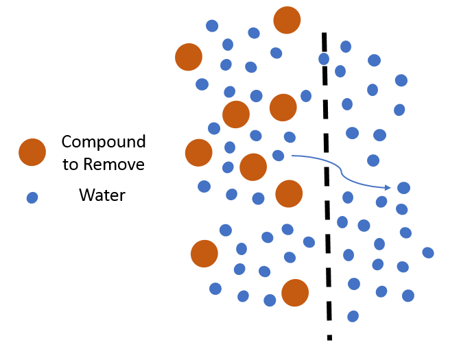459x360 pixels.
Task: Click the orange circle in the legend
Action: click(32, 152)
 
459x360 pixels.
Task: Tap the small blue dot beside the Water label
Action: click(32, 197)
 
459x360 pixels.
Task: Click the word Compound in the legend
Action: click(103, 142)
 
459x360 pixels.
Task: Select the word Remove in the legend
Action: click(113, 164)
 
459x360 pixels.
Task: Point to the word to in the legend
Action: click(71, 165)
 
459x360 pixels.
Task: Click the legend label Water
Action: click(102, 195)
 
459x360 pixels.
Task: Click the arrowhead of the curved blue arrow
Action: click(388, 187)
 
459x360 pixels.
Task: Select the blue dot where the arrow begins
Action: click(279, 156)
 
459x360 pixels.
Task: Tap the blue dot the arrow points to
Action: click(404, 188)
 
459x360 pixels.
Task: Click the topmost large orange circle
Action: click(287, 20)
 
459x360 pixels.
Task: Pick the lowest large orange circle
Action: click(295, 293)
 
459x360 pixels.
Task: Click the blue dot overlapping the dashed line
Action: click(324, 59)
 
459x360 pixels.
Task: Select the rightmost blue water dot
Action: click(428, 252)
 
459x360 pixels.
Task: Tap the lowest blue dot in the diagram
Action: click(353, 316)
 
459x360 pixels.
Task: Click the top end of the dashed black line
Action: click(323, 33)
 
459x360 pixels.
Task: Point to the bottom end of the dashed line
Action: click(330, 338)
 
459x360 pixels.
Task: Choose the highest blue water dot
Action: click(213, 26)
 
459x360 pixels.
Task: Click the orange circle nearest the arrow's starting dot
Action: click(253, 167)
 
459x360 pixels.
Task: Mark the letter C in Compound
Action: click(67, 142)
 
